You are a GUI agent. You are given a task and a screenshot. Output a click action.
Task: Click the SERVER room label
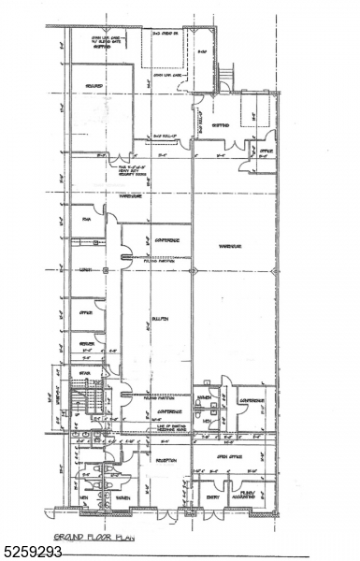pos(86,344)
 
